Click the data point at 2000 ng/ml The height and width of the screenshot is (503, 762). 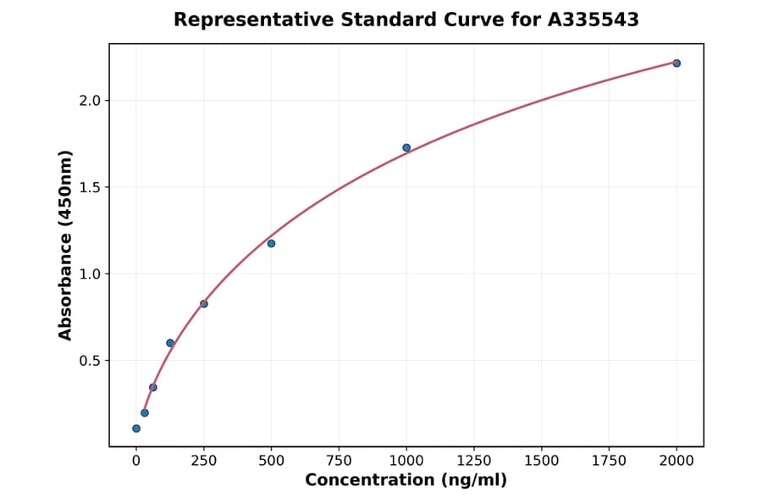[676, 64]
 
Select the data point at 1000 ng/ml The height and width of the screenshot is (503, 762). [406, 147]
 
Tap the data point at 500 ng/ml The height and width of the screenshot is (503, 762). [271, 244]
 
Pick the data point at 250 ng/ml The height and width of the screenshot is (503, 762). [204, 304]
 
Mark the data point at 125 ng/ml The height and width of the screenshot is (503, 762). [170, 343]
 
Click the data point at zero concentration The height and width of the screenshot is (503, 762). [136, 428]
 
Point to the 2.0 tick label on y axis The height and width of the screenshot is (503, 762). [90, 101]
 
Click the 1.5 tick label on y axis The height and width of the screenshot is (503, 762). [90, 187]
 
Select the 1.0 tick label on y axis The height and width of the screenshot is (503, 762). [90, 274]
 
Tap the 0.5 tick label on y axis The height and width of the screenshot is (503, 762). [90, 361]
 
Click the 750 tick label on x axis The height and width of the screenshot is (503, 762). [339, 461]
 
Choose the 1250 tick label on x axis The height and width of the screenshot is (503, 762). [474, 461]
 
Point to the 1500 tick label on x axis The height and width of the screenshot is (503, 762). [542, 461]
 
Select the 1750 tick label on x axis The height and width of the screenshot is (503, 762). [609, 461]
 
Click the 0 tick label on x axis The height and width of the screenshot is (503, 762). [136, 461]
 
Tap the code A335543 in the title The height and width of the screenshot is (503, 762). [593, 19]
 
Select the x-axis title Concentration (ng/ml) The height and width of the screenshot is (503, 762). [406, 481]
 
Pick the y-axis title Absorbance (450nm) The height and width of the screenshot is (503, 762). [66, 245]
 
